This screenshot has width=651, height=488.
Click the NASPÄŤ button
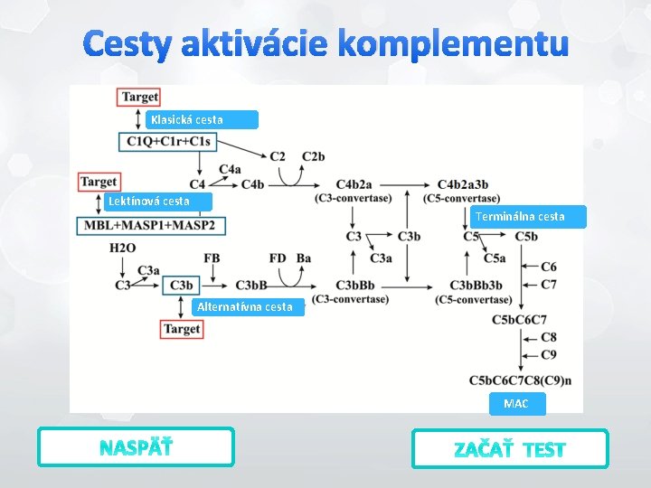click(x=136, y=447)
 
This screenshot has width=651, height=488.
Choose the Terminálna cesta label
click(x=530, y=216)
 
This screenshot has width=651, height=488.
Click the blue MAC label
click(x=516, y=403)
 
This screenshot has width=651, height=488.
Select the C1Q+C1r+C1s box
click(x=169, y=141)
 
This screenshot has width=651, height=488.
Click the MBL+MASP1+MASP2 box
click(x=150, y=225)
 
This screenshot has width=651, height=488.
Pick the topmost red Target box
click(x=139, y=97)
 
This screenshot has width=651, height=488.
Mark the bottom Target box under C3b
click(x=182, y=329)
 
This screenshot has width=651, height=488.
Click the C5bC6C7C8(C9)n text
click(x=520, y=380)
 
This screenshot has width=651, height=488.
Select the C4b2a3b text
click(x=463, y=185)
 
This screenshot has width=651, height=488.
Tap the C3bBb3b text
click(x=476, y=286)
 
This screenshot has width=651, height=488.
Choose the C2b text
click(x=314, y=156)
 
